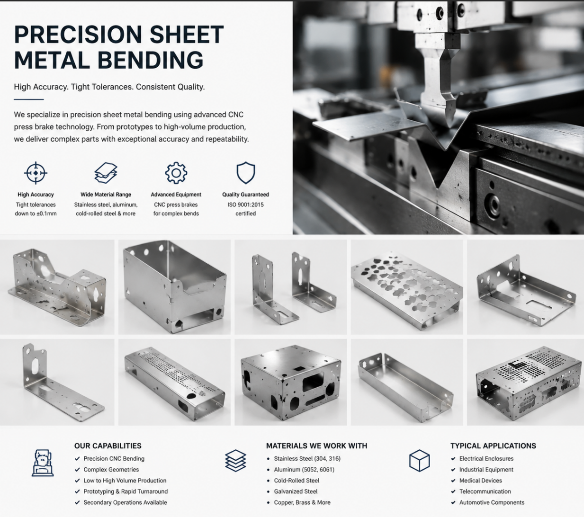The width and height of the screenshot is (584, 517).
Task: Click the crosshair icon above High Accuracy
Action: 36,173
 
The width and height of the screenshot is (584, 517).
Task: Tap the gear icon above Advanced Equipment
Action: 176,173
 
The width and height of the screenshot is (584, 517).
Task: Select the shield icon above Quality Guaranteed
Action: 246,173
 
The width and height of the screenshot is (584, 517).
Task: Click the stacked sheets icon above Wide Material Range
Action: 106,173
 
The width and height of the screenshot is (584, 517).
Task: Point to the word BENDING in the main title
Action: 150,60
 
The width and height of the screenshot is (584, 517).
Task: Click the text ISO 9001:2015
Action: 246,205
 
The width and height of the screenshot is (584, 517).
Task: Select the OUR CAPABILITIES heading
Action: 108,446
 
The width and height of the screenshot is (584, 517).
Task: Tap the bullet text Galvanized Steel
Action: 296,491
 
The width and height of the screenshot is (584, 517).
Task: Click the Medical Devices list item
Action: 481,481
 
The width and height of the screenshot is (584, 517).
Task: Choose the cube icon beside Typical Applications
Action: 419,461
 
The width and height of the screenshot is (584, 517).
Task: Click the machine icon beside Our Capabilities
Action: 43,463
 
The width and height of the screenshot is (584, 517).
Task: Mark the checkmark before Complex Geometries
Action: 77,470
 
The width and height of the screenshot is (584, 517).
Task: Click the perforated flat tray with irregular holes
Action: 407,291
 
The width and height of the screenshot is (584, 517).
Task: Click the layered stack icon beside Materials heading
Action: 235,461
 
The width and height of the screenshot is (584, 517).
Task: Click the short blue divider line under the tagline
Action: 29,99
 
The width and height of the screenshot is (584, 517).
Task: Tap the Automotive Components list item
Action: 492,502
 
